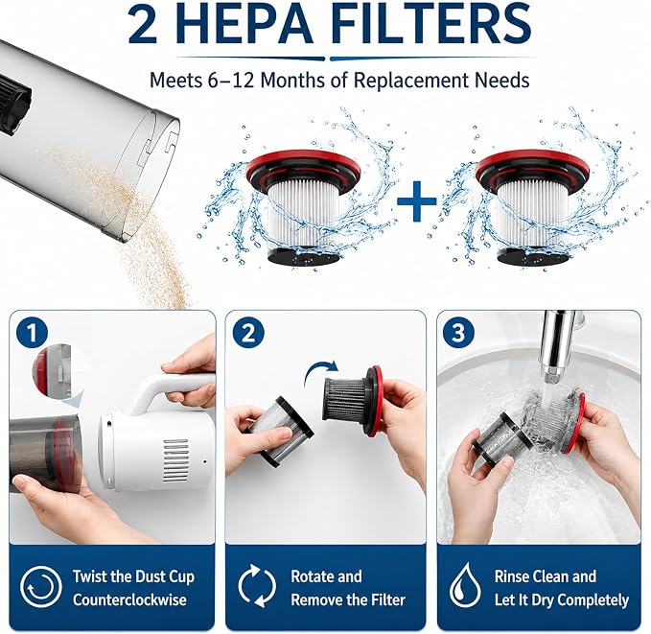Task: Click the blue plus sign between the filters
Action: [416, 201]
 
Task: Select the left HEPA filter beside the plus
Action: [303, 208]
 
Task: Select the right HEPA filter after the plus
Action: [533, 208]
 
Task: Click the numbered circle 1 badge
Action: [32, 333]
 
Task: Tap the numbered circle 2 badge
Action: [248, 333]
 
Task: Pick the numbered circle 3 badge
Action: [459, 333]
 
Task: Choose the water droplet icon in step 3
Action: [465, 586]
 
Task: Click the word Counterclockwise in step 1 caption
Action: [129, 599]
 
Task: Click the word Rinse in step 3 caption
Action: [512, 576]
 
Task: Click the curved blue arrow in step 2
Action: [320, 371]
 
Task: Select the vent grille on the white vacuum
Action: [175, 460]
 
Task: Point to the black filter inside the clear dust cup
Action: [14, 104]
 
